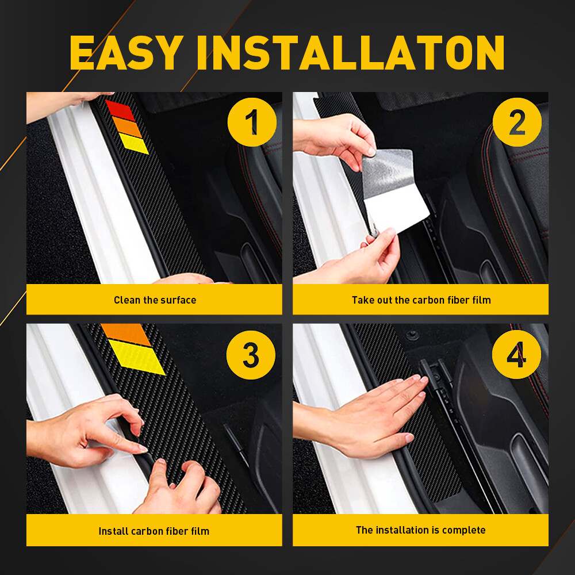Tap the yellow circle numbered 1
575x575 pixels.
click(x=251, y=122)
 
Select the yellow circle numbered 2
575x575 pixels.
click(x=517, y=122)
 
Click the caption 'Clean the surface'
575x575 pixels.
click(x=155, y=300)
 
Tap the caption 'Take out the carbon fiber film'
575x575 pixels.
click(x=421, y=300)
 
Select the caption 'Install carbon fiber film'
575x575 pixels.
click(x=155, y=531)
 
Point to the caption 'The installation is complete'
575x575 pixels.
click(x=421, y=530)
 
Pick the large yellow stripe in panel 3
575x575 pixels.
click(x=137, y=356)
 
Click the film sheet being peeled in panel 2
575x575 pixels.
click(x=397, y=190)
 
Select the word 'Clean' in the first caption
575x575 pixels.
click(x=126, y=300)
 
